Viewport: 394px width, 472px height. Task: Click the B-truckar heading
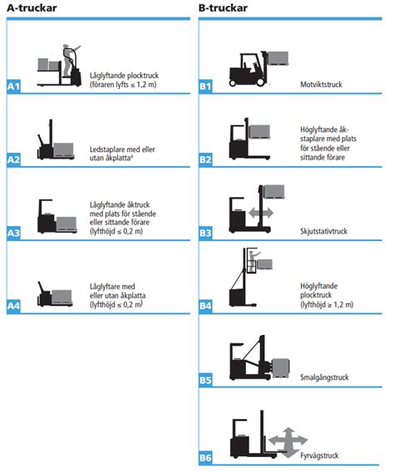pyautogui.click(x=223, y=9)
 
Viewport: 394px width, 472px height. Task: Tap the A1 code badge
pyautogui.click(x=13, y=86)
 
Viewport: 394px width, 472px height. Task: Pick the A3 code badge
pyautogui.click(x=13, y=234)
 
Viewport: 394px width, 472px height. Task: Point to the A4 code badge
pyautogui.click(x=13, y=307)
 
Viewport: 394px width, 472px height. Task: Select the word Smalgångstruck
pyautogui.click(x=324, y=377)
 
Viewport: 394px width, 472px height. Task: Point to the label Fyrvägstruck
pyautogui.click(x=319, y=455)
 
